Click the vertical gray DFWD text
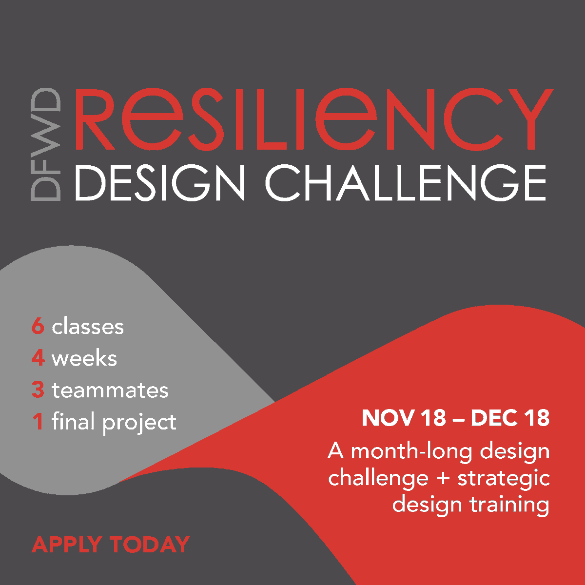pos(46,144)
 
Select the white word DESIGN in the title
pos(159,183)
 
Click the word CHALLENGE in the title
pos(405,183)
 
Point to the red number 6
pos(38,327)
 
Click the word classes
pos(88,327)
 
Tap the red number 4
pos(38,358)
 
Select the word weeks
pos(84,358)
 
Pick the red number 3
pos(38,390)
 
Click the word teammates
pos(110,390)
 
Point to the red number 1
pos(38,422)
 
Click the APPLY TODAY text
pos(111,545)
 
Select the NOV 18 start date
pos(404,418)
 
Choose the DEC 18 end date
pos(510,418)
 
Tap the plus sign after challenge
pos(443,478)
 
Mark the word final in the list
pos(73,422)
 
